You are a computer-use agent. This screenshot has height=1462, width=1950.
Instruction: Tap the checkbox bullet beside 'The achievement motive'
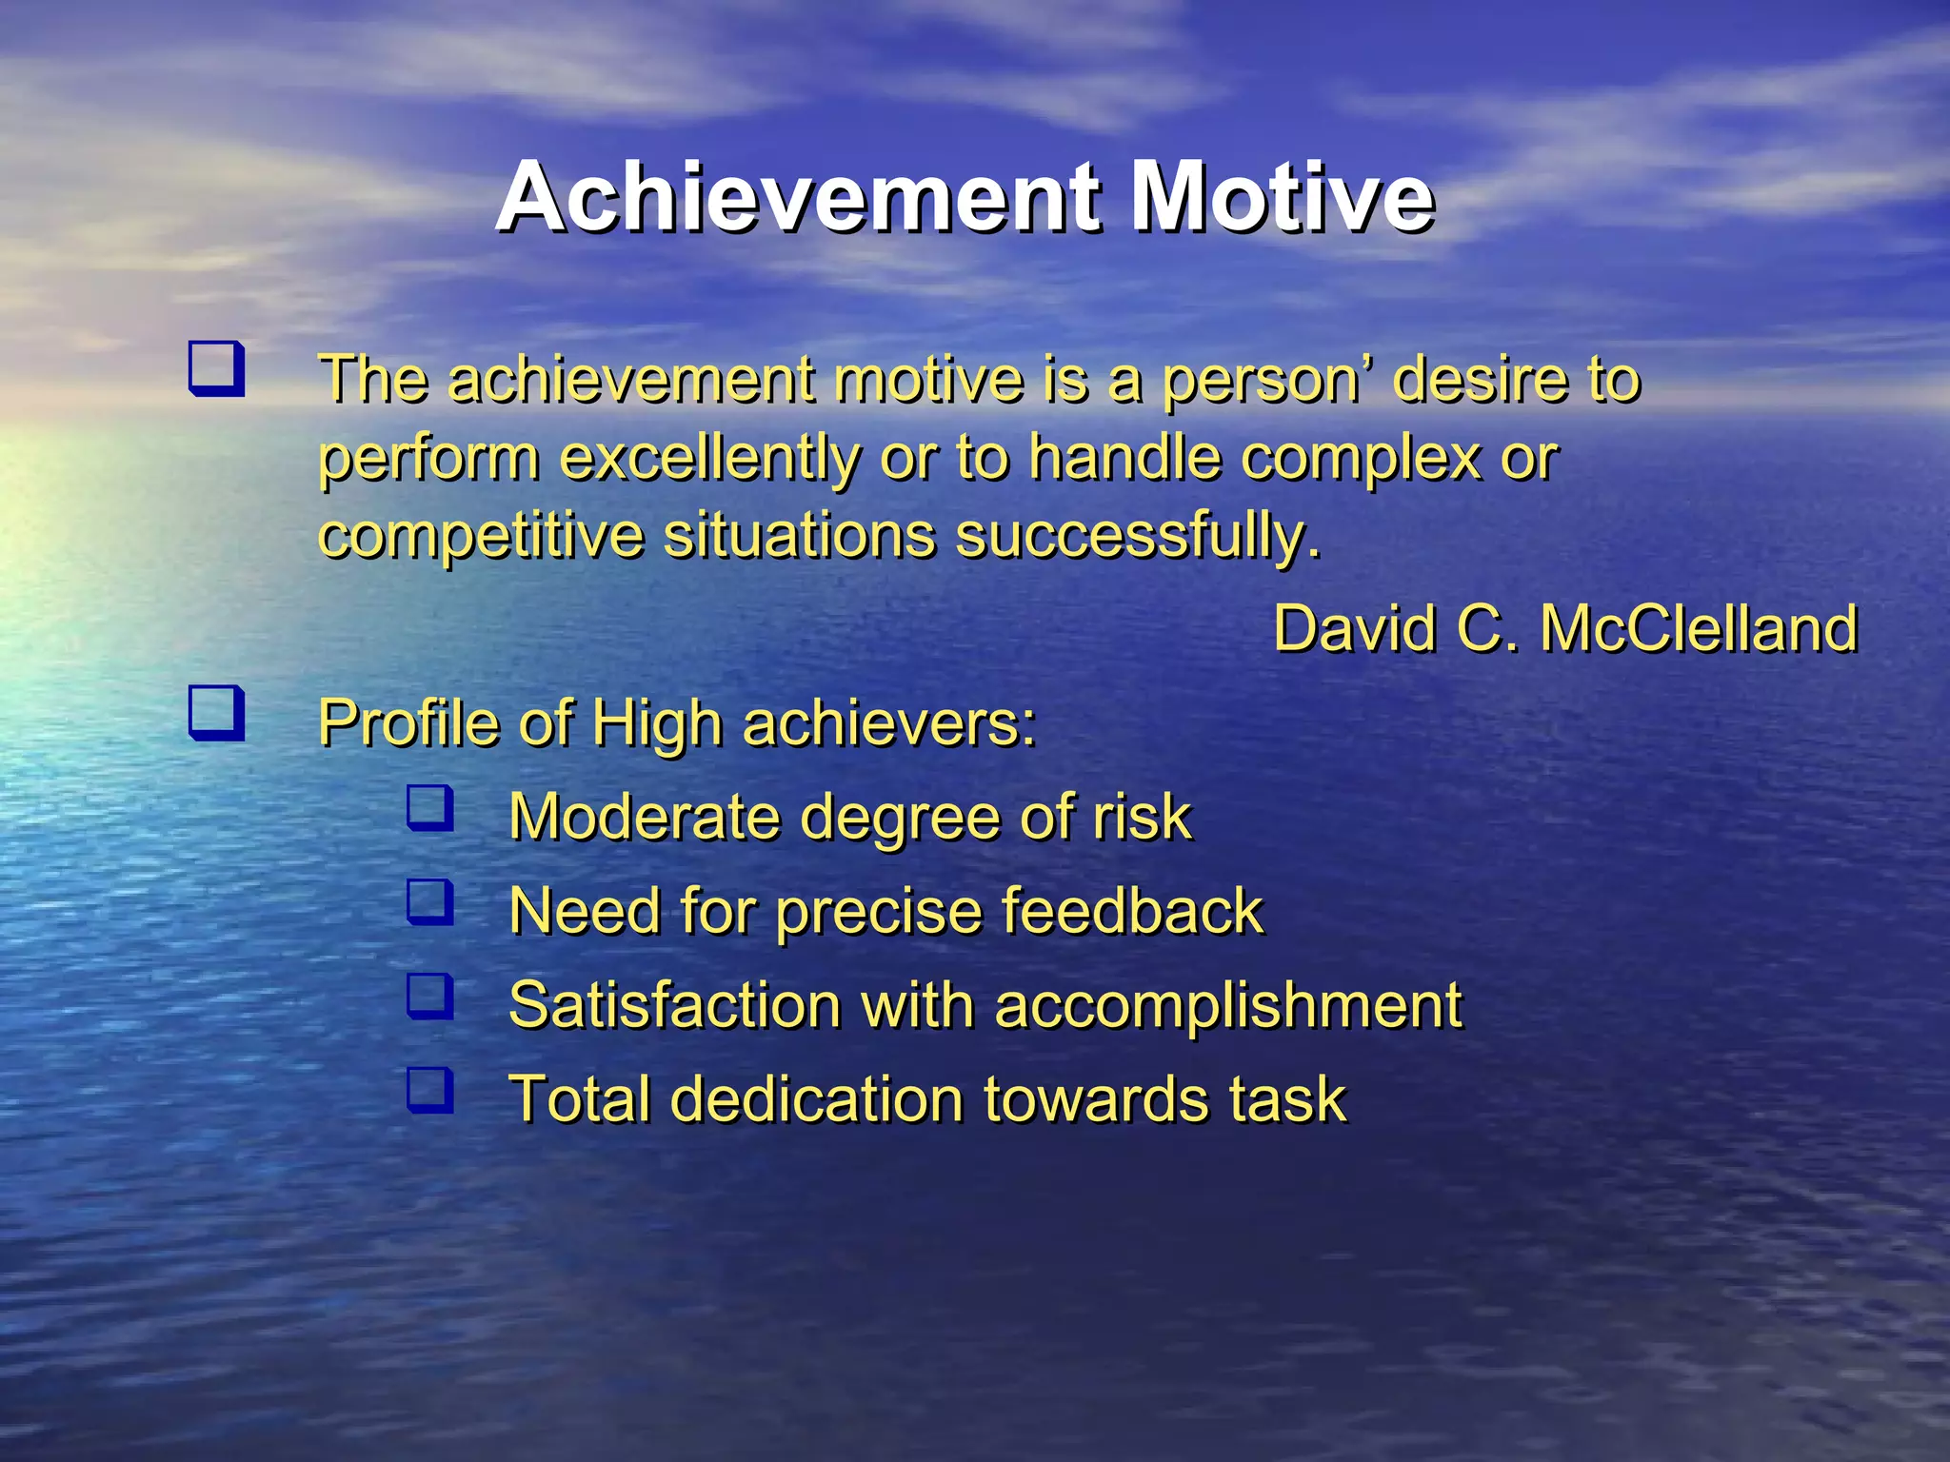click(216, 370)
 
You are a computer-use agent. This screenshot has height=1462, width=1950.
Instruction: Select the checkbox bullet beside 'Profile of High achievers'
click(216, 714)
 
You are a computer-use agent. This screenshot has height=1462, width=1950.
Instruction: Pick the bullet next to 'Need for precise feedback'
click(429, 901)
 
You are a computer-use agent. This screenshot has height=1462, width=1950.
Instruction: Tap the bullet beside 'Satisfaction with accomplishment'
click(429, 996)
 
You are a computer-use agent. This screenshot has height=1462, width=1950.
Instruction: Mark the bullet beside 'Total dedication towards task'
click(429, 1090)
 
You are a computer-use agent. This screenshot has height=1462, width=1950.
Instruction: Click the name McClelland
click(1699, 628)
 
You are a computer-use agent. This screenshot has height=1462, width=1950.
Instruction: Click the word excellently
click(709, 459)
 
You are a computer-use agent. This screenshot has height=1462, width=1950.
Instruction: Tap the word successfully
click(1138, 536)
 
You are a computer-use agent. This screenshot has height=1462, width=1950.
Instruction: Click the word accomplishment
click(1227, 1005)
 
